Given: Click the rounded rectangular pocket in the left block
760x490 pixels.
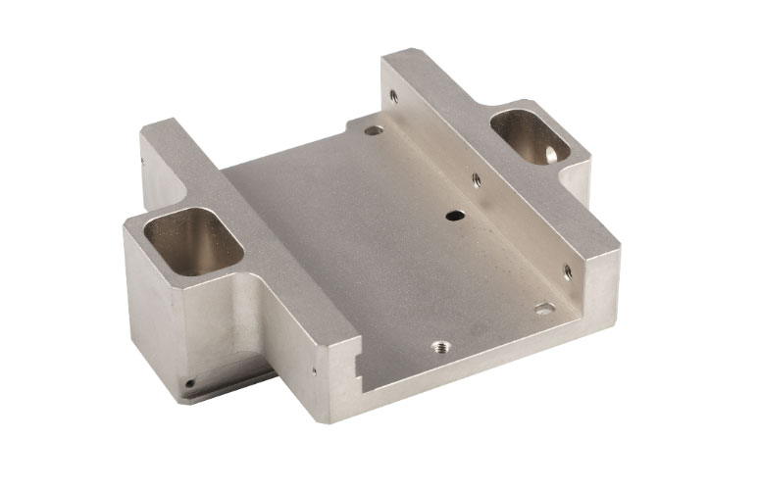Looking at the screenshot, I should [x=193, y=239].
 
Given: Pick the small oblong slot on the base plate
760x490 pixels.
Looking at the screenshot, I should [x=545, y=309].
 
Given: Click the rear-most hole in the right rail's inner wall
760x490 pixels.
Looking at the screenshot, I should [x=393, y=96].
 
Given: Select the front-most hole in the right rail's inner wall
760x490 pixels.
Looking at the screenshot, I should [x=567, y=271].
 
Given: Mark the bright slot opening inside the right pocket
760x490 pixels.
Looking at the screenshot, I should [x=550, y=153].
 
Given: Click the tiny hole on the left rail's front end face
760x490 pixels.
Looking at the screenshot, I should [x=314, y=370].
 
